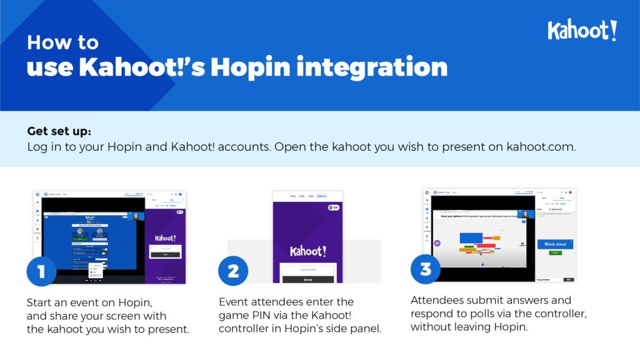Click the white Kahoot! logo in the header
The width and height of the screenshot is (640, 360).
coord(582,30)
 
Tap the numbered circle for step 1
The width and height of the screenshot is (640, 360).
coord(41,271)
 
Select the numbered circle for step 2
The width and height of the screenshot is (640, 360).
coord(232,271)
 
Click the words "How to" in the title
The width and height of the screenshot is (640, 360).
coord(62,42)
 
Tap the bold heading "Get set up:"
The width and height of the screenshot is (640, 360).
coord(59,132)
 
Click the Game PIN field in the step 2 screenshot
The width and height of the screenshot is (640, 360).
coord(308,268)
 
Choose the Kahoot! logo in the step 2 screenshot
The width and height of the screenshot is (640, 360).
coord(308,251)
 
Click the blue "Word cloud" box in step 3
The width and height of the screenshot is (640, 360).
coord(555,244)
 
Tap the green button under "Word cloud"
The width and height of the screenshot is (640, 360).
coord(554,252)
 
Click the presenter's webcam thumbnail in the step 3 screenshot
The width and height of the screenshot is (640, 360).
coord(524,214)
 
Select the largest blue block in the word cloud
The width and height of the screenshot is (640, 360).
coord(471,237)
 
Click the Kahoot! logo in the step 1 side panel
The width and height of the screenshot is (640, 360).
coord(166,238)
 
